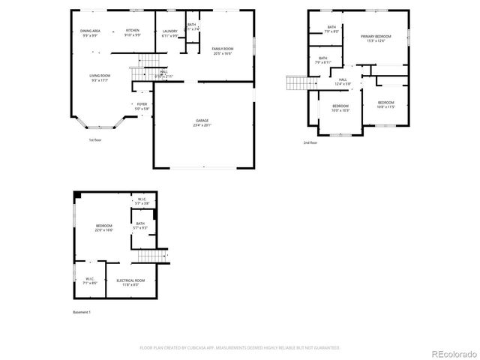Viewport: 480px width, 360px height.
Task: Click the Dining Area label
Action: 91,31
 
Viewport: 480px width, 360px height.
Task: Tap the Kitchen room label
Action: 132,31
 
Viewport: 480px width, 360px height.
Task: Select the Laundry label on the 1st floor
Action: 170,31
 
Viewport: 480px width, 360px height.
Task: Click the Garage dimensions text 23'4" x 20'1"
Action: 202,125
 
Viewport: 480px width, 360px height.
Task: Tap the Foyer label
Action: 142,104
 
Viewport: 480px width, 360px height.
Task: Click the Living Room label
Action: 100,75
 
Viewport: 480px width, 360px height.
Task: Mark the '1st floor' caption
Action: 96,140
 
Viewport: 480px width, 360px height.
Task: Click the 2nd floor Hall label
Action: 342,79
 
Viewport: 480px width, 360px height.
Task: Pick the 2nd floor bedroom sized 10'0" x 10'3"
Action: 340,106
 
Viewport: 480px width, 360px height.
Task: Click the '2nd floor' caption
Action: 310,142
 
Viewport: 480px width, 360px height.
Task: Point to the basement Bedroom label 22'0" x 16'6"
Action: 103,226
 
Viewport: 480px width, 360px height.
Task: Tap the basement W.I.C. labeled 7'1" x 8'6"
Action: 88,280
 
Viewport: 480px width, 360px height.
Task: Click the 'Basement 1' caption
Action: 80,311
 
